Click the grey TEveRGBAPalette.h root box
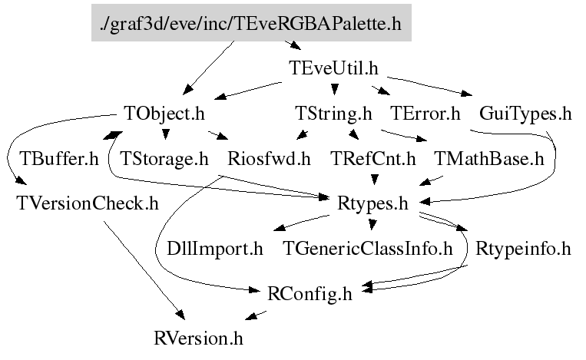tap(251, 24)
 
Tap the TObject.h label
tap(165, 114)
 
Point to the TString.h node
tap(333, 114)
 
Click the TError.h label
tap(425, 114)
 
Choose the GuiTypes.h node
tap(525, 114)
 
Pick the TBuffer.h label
tap(59, 159)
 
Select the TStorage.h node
tap(164, 159)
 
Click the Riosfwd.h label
tap(269, 159)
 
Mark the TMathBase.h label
tap(488, 159)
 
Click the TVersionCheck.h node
tap(88, 203)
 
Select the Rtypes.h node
tap(372, 203)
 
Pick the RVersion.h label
tap(198, 337)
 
